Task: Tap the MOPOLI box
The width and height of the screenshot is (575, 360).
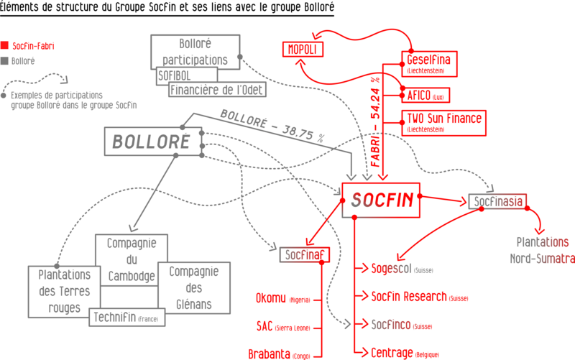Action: click(x=303, y=50)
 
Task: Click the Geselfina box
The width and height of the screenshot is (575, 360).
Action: click(x=435, y=64)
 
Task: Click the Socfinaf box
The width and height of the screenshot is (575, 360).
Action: click(x=303, y=253)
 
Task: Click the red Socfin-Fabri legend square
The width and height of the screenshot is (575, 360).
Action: click(x=5, y=44)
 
